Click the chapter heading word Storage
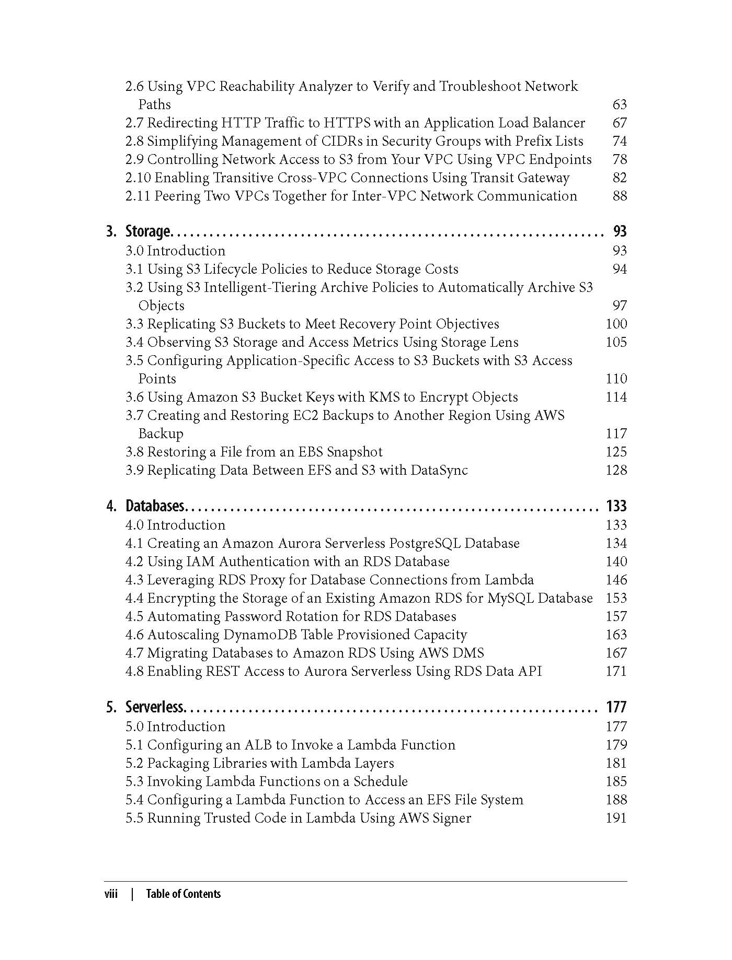[147, 231]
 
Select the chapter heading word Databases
[155, 506]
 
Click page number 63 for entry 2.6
[619, 105]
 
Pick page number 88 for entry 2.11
[619, 196]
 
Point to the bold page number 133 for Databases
[616, 506]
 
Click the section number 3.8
[134, 452]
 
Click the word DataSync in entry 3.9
[439, 471]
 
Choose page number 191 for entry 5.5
[616, 818]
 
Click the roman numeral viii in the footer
[110, 894]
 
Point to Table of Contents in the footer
[183, 894]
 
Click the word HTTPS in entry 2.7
[347, 123]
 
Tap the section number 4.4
[134, 599]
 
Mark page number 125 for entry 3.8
[616, 452]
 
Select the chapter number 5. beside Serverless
[111, 707]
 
